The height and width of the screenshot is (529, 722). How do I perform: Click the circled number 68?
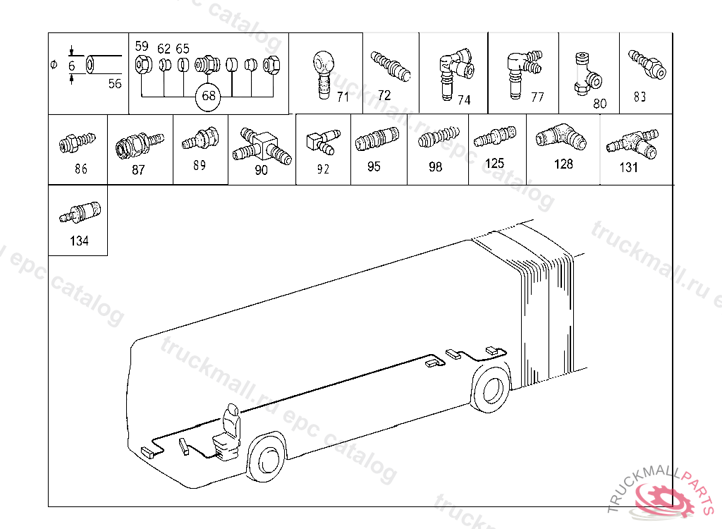(209, 96)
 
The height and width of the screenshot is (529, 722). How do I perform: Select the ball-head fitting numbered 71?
(324, 74)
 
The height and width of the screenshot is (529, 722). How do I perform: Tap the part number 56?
(114, 83)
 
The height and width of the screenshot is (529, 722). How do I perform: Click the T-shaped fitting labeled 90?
(262, 145)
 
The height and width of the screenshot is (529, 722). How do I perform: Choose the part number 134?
(79, 241)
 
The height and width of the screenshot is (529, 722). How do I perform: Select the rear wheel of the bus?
(492, 390)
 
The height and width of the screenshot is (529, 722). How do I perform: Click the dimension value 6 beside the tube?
(72, 66)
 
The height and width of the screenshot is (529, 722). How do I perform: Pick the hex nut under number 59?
(142, 66)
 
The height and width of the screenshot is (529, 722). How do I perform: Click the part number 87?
(138, 169)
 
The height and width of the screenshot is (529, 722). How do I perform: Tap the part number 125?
(495, 163)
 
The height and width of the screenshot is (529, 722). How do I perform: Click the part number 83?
(640, 97)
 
